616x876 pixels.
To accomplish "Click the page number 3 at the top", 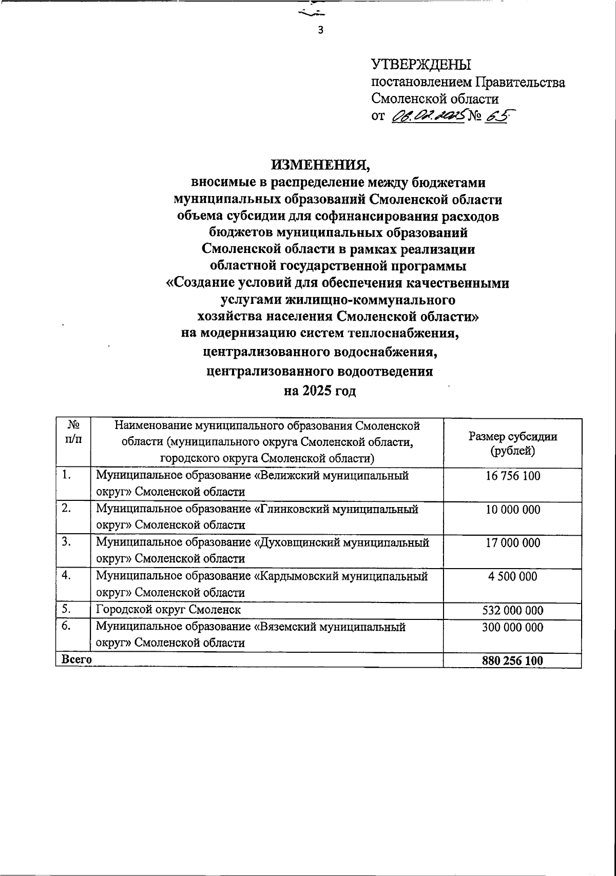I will point(321,30).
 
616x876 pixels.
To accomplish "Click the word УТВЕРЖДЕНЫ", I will point(421,64).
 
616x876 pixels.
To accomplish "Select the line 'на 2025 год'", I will point(320,391).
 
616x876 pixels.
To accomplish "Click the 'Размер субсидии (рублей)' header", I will point(512,443).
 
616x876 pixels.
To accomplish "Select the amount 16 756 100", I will point(512,476).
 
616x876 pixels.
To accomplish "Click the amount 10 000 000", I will point(512,510).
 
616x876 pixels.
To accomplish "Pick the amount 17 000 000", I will point(512,543).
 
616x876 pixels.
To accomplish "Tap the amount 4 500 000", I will point(512,576).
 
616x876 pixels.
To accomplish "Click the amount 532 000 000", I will point(512,610).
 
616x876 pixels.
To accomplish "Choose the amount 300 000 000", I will point(512,627).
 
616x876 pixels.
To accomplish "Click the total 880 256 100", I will point(512,661).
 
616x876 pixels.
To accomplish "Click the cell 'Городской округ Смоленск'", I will point(168,610).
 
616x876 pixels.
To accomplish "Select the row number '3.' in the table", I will point(66,542).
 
